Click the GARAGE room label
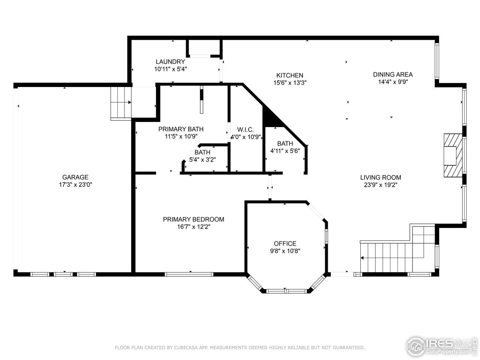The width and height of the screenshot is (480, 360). [x=75, y=177]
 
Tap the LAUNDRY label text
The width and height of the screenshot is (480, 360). [x=170, y=62]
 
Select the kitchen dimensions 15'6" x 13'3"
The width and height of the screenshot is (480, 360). [x=290, y=83]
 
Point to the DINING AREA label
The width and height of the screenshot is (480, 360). [x=393, y=74]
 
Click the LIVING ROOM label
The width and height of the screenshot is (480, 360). [x=381, y=177]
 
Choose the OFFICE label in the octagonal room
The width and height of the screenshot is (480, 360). [x=285, y=243]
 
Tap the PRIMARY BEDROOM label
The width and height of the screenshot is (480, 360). [x=193, y=219]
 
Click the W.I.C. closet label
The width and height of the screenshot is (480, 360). [x=245, y=129]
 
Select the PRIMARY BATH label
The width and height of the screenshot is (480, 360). [x=181, y=129]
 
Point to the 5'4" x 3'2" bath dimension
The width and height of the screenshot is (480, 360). [x=202, y=159]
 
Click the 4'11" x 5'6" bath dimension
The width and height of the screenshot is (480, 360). [x=285, y=151]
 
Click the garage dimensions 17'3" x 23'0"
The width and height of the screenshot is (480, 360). [x=75, y=184]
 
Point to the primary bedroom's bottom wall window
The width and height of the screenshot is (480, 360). [x=189, y=274]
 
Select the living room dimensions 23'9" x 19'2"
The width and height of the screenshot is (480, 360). [x=381, y=185]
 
